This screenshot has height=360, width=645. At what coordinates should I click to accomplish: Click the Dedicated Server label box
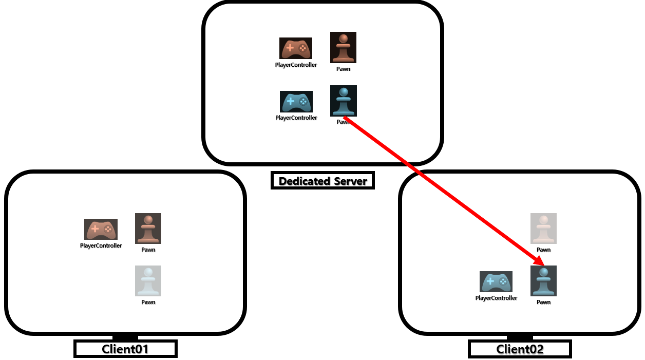(322, 181)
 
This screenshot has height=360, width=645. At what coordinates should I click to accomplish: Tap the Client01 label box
(125, 349)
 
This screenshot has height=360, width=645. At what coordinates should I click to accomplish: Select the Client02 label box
(520, 349)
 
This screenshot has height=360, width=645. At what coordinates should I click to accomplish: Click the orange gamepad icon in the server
(296, 48)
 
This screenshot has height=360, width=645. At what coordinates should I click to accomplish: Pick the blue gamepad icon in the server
(296, 101)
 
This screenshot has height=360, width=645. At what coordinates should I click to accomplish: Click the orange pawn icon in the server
(343, 48)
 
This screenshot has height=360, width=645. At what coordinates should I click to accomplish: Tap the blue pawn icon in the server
(343, 101)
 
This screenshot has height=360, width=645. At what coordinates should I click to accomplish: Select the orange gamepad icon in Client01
(101, 229)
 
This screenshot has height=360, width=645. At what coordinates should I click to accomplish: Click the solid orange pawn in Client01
(148, 229)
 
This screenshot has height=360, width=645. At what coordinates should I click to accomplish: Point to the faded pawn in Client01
(148, 281)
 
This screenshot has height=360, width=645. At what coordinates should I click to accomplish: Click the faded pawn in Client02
(543, 229)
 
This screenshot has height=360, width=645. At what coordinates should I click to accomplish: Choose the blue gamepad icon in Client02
(496, 281)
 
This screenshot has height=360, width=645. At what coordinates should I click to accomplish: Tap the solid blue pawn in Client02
(543, 281)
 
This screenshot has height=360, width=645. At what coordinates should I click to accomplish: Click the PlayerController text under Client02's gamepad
(496, 298)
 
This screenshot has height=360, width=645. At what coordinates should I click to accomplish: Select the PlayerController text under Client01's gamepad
(101, 245)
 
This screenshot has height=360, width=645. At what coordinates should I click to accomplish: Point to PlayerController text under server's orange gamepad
(296, 65)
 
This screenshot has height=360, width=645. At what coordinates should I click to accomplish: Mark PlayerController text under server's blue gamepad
(296, 118)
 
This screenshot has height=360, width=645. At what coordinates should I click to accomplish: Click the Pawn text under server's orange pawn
(343, 69)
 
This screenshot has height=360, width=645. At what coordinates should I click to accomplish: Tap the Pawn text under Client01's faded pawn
(148, 302)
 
